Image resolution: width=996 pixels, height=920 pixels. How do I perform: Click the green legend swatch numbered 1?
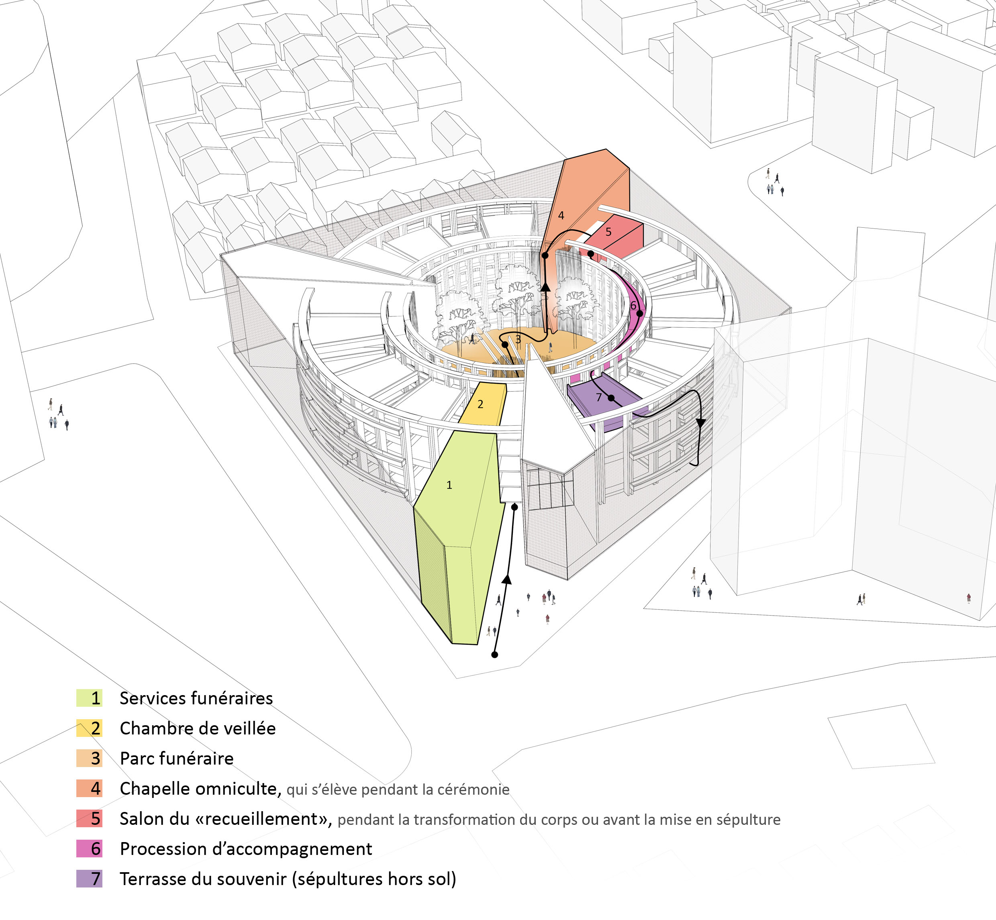point(89,698)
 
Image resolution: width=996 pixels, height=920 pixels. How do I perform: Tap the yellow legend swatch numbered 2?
point(89,728)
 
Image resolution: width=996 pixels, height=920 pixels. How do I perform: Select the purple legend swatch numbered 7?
point(89,879)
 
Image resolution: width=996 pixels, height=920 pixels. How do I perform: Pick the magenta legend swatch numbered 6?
point(89,849)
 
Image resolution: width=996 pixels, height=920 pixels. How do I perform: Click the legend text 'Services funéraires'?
point(196,698)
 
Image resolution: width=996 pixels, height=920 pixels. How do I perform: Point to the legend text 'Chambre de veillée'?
point(198,728)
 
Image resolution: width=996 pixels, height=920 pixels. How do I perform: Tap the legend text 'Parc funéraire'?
point(177,758)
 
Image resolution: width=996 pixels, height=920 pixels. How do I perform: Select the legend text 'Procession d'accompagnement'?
point(246,849)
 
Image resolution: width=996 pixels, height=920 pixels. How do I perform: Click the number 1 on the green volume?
point(449,485)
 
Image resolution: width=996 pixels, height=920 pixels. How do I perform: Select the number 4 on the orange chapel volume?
point(561,216)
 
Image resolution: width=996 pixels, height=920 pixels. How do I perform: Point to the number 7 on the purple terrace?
point(599,397)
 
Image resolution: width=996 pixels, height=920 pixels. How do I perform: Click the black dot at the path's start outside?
point(494,655)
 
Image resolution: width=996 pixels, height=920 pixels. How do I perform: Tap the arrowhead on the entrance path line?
point(506,579)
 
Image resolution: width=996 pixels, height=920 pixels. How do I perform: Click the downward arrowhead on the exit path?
point(701,423)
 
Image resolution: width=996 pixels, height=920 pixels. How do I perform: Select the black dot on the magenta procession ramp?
point(640,314)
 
